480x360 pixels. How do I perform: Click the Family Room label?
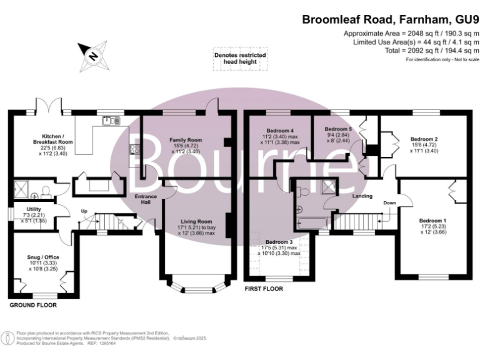[186, 140]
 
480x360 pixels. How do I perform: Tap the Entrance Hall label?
[147, 201]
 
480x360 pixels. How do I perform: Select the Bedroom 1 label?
[432, 221]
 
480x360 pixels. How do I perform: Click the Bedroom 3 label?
[279, 241]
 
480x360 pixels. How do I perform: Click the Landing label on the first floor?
[362, 196]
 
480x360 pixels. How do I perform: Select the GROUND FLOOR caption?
[32, 306]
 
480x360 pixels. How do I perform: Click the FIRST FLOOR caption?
[263, 289]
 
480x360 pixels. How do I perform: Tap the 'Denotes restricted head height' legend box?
[240, 59]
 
